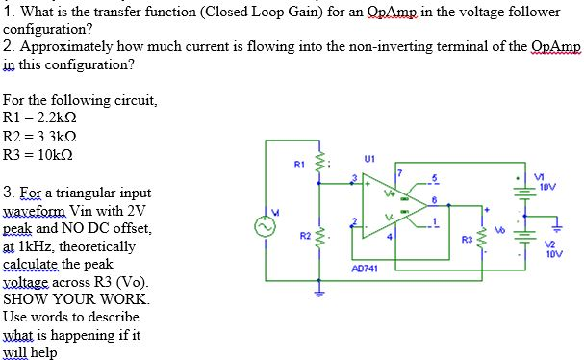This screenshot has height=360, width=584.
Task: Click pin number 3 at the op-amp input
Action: [353, 177]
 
